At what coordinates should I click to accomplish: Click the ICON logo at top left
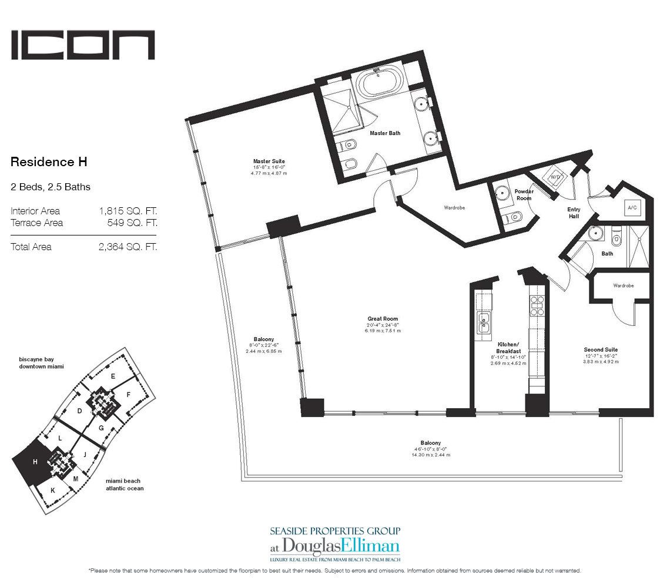(x=83, y=45)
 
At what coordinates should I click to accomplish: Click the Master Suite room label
(x=269, y=161)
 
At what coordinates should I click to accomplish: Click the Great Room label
(x=383, y=319)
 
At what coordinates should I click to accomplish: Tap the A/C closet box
(x=632, y=208)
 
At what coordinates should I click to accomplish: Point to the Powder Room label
(x=523, y=194)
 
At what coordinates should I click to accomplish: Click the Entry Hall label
(x=574, y=213)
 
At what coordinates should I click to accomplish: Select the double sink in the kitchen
(x=484, y=322)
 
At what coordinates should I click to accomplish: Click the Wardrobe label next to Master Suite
(x=454, y=207)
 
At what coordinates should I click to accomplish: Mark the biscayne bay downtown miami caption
(x=41, y=362)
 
